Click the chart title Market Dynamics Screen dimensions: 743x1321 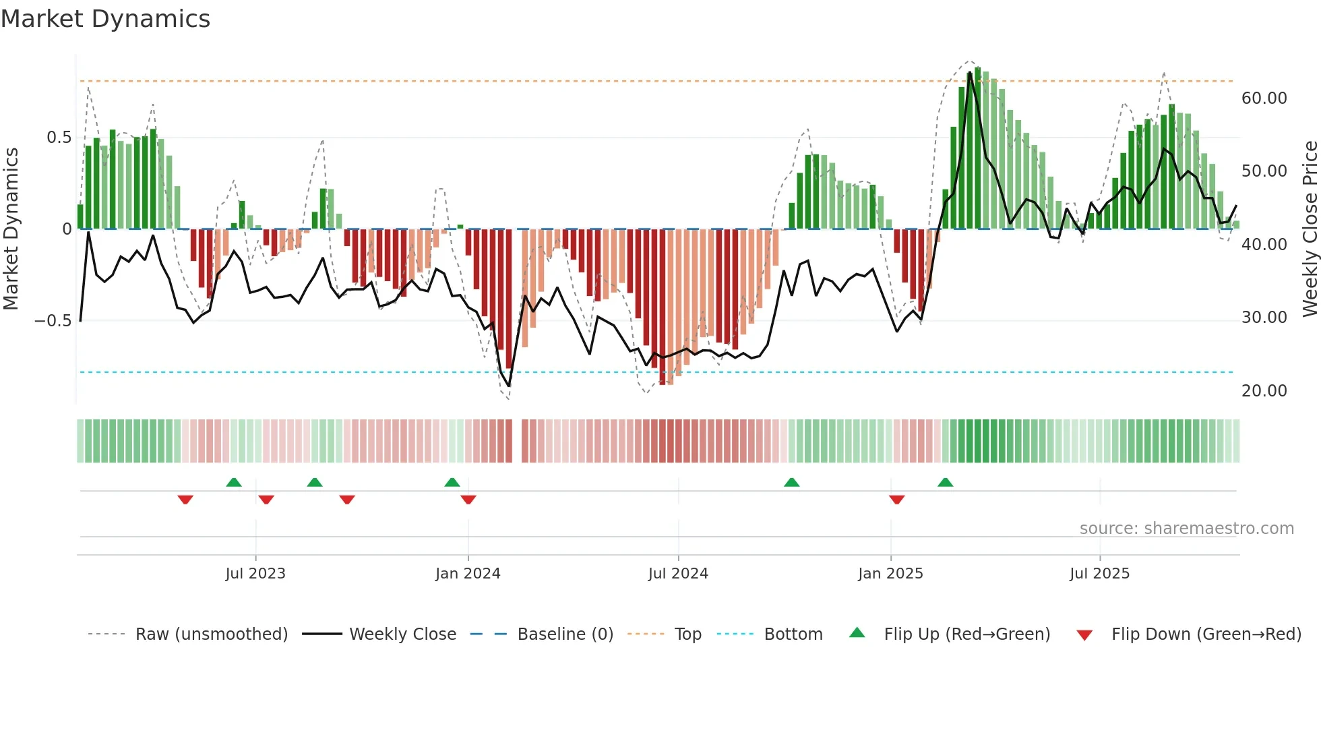pos(105,19)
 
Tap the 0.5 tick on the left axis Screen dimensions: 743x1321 pos(59,138)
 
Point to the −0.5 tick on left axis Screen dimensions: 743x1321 pos(53,320)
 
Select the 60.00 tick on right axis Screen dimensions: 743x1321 pos(1264,98)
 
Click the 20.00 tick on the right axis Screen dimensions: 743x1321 pos(1264,391)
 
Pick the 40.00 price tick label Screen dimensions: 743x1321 pos(1264,245)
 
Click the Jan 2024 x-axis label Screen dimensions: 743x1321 pos(468,574)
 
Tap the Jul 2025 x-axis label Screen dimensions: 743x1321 pos(1099,574)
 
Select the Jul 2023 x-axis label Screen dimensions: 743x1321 pos(255,574)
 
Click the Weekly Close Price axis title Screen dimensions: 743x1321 pos(1310,229)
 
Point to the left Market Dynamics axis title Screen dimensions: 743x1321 pos(11,229)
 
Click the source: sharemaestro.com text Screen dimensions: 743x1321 pos(1186,529)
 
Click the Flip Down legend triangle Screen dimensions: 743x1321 pos(1084,635)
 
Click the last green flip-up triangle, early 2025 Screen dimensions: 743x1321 pos(945,482)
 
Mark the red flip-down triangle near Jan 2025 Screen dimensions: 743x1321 pos(896,500)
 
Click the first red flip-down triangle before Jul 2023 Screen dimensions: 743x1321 pos(185,500)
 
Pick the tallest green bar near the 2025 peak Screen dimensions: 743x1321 pos(977,148)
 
